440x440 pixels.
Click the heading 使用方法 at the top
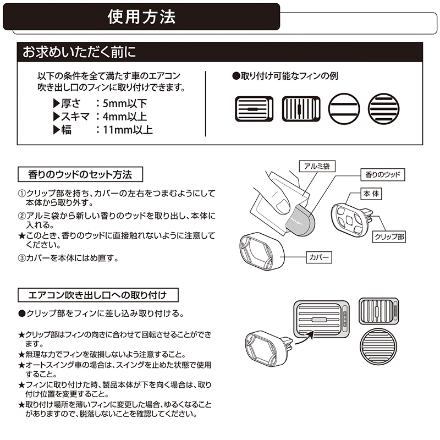141,17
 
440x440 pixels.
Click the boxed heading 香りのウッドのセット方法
80,175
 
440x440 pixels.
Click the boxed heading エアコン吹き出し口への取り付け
97,295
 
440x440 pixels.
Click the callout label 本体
371,194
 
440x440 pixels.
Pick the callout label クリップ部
389,237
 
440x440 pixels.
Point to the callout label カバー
319,256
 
